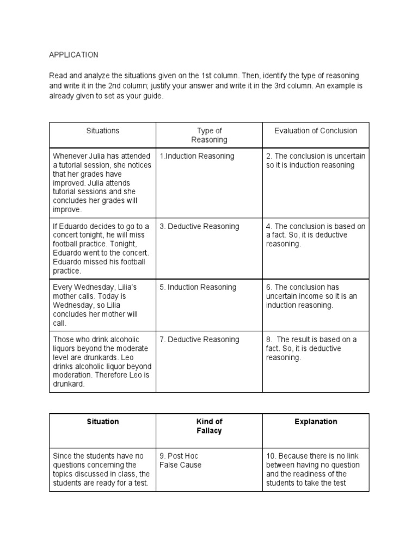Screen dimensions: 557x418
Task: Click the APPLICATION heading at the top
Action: pos(73,55)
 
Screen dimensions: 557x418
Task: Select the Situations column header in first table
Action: pos(102,131)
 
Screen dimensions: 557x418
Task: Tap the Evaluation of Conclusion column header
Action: pos(316,131)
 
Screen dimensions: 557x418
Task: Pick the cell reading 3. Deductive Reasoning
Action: pos(199,226)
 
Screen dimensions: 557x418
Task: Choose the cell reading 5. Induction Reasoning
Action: pos(198,287)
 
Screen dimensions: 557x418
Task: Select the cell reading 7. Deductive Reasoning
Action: pos(199,339)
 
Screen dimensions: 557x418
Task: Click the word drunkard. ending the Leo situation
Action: pos(70,383)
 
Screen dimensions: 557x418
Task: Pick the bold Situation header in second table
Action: pos(102,422)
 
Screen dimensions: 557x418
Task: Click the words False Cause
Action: pos(180,465)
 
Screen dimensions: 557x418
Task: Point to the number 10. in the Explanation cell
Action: pos(272,456)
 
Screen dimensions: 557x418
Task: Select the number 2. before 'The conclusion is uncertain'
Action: pos(269,156)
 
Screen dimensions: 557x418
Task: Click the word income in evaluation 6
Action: pos(309,296)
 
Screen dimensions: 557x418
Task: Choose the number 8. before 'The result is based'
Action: pos(269,339)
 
